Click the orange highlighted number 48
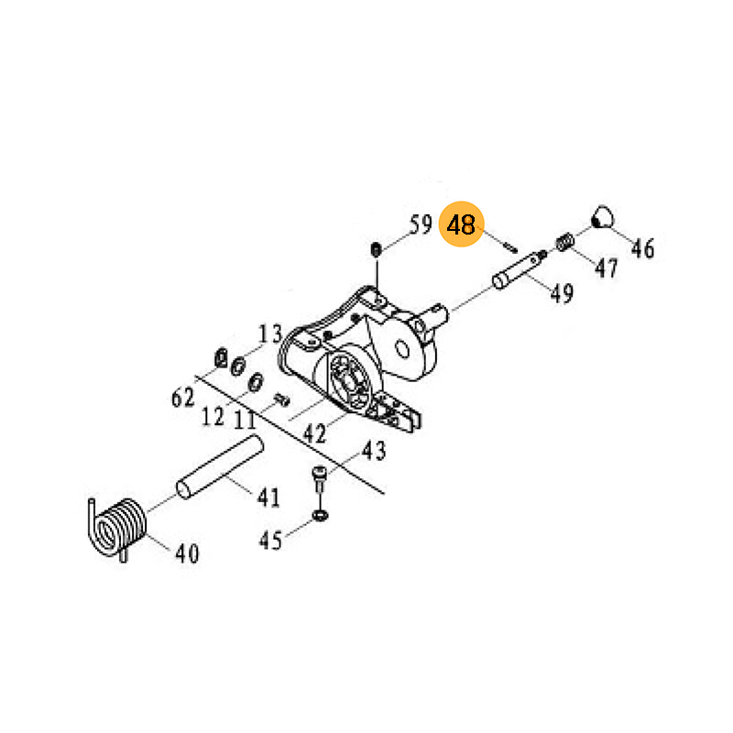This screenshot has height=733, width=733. (x=461, y=224)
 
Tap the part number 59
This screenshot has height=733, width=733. (x=421, y=224)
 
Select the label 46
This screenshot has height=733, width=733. (x=643, y=248)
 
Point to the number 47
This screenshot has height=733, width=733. (x=607, y=268)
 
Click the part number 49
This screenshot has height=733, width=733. (x=562, y=293)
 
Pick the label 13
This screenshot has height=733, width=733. (x=270, y=334)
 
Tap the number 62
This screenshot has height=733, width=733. (x=182, y=398)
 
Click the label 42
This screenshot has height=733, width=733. (x=314, y=433)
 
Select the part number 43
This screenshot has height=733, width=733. (x=374, y=451)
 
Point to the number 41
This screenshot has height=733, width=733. (x=268, y=498)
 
